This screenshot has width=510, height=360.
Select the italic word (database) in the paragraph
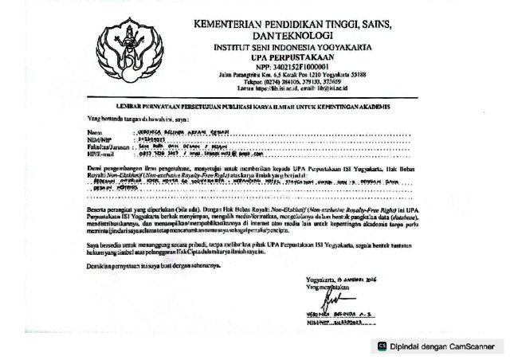(x=398, y=216)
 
